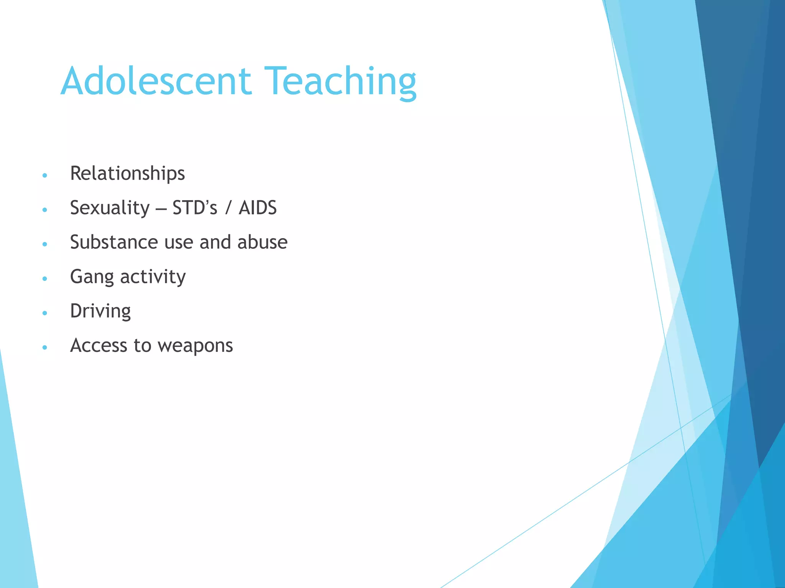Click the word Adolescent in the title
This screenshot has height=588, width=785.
(156, 81)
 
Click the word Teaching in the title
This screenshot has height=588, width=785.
(340, 81)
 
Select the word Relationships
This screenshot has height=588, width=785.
(127, 173)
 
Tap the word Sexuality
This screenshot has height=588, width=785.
(110, 208)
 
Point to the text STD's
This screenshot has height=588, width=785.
(195, 208)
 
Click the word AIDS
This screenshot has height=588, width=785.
(258, 208)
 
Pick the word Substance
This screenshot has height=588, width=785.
(113, 242)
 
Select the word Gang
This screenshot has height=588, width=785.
(92, 277)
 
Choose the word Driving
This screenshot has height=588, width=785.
(100, 311)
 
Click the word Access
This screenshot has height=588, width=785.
(99, 345)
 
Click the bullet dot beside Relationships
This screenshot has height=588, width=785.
(45, 175)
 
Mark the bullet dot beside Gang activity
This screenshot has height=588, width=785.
(45, 279)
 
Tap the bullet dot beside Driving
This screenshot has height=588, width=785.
(45, 313)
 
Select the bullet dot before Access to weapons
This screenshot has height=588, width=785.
(45, 348)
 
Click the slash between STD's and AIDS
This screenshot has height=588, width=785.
(228, 208)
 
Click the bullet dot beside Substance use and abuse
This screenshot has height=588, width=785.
(45, 244)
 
